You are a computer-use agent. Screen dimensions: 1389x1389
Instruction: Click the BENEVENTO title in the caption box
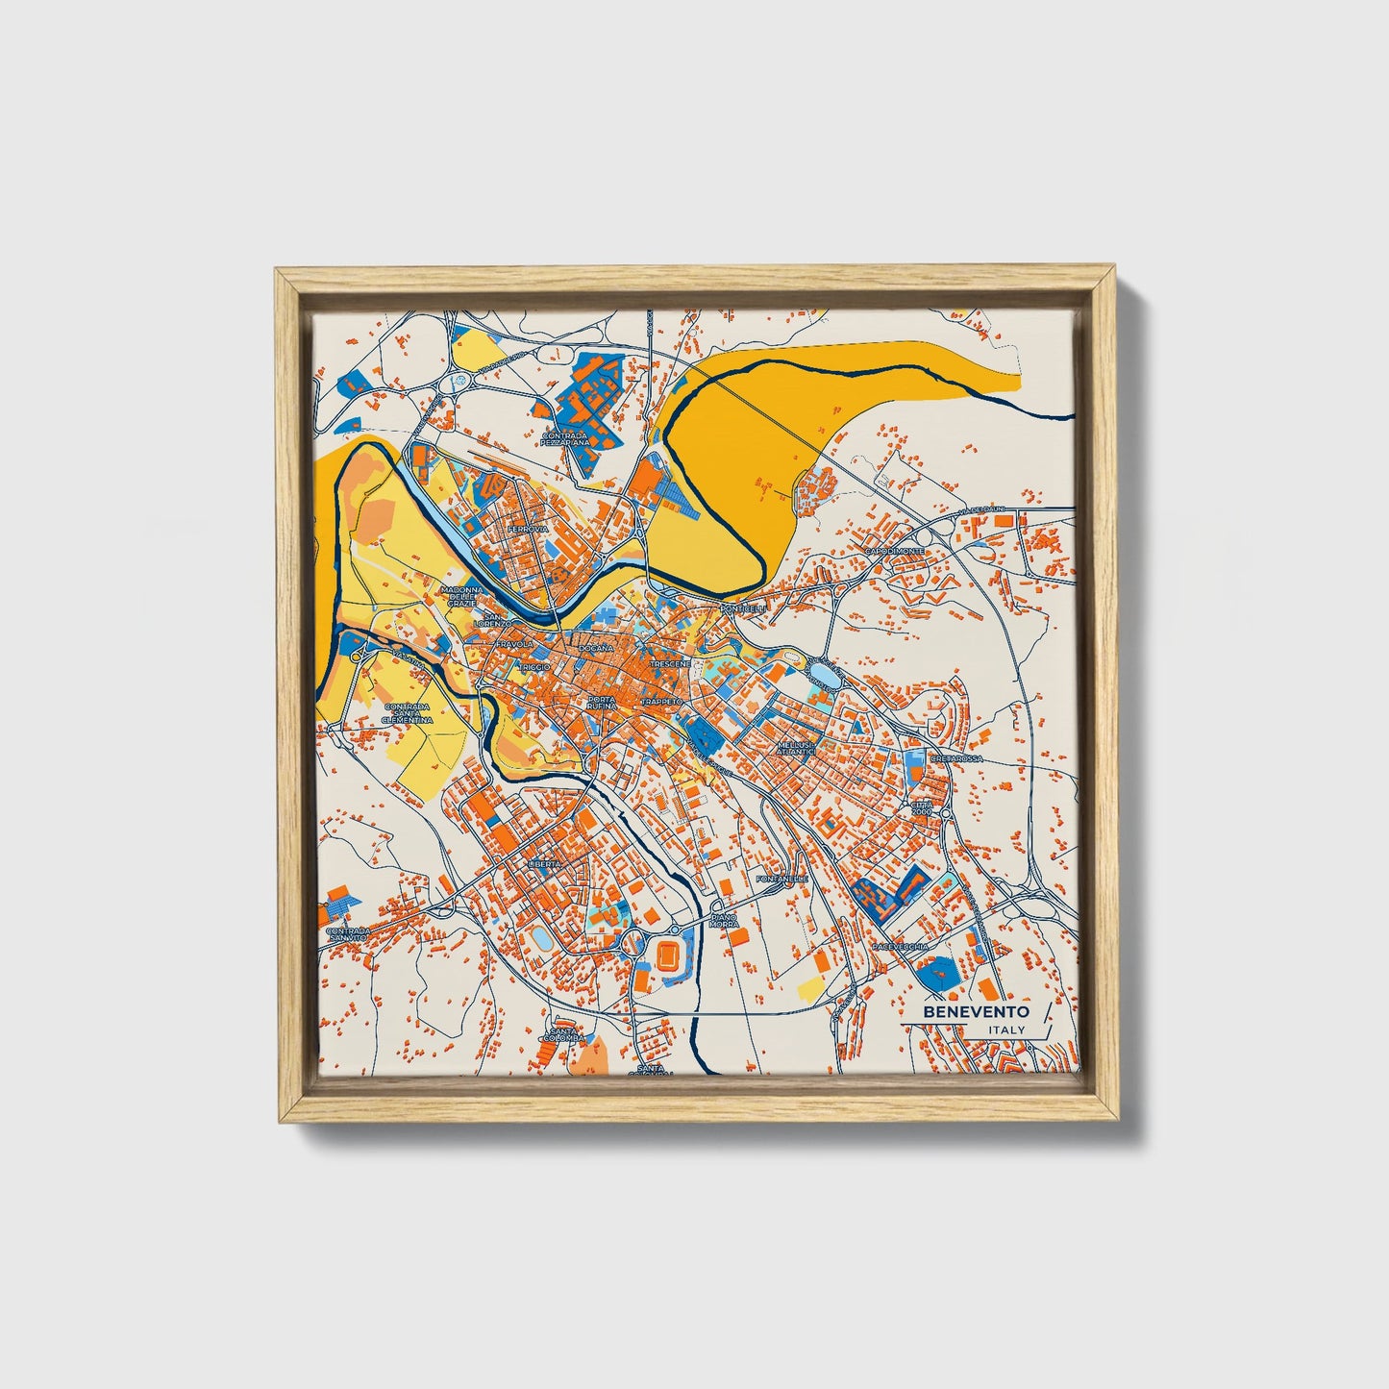976,1012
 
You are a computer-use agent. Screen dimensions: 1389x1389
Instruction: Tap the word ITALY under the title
1005,1030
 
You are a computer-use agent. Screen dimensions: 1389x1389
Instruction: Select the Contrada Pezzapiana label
564,438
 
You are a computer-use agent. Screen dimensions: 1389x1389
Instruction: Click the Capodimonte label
894,551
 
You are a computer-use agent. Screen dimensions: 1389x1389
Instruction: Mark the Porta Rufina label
602,703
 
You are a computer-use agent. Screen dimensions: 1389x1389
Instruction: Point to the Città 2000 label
922,807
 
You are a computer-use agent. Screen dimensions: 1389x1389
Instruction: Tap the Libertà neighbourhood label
543,864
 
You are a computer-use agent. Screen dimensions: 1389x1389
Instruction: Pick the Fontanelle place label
783,879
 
